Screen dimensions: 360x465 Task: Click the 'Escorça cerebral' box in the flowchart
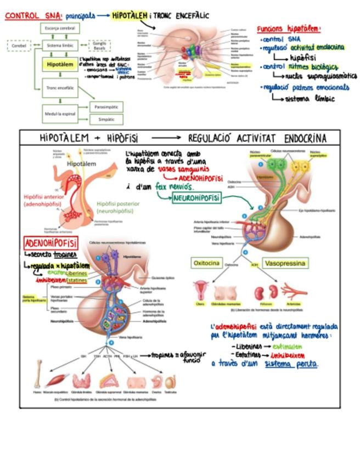pyautogui.click(x=60, y=28)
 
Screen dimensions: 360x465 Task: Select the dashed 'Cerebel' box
pyautogui.click(x=19, y=46)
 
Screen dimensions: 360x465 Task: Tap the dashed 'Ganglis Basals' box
pyautogui.click(x=99, y=46)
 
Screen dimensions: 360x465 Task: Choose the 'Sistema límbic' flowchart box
pyautogui.click(x=60, y=46)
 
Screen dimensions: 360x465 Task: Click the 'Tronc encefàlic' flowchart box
pyautogui.click(x=60, y=87)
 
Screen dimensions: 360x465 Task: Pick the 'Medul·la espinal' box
pyautogui.click(x=60, y=114)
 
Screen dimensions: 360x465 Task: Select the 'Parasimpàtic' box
pyautogui.click(x=106, y=106)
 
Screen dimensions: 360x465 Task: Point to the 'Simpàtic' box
pyautogui.click(x=106, y=119)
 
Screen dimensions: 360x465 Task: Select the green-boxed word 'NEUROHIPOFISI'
pyautogui.click(x=196, y=198)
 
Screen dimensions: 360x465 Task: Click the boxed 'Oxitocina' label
pyautogui.click(x=206, y=263)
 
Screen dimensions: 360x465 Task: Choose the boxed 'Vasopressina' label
pyautogui.click(x=285, y=263)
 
